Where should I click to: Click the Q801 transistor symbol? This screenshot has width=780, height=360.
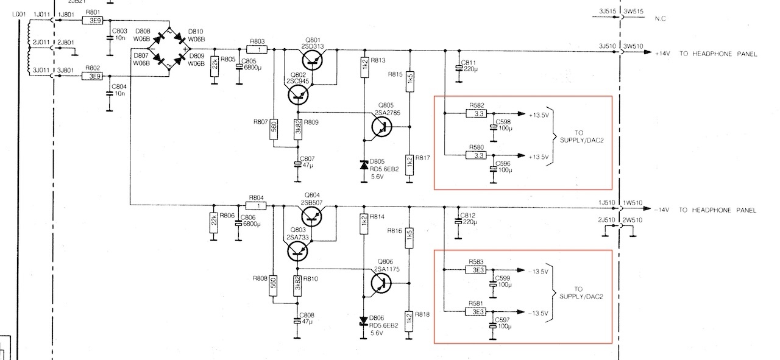[x=312, y=60]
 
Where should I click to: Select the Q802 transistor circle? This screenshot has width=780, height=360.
[x=298, y=95]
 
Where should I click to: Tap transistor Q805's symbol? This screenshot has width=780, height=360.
[x=381, y=127]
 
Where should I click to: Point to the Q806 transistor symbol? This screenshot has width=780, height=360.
[x=381, y=283]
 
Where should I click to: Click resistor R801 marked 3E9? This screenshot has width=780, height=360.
[x=93, y=21]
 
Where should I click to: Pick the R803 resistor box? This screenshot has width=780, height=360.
[x=257, y=49]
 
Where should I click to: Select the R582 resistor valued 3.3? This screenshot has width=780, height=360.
[x=476, y=113]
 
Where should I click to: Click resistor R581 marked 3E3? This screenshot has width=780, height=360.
[x=476, y=312]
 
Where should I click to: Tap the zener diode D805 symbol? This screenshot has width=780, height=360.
[x=364, y=164]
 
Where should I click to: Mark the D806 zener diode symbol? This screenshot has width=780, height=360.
[x=364, y=321]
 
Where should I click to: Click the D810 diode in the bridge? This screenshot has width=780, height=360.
[x=179, y=38]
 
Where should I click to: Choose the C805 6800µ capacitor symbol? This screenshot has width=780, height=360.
[x=239, y=66]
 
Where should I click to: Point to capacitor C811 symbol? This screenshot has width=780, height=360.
[x=459, y=68]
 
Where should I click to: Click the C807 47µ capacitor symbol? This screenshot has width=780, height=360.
[x=298, y=164]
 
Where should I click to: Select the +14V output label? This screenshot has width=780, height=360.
[x=662, y=54]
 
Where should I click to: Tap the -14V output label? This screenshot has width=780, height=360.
[x=662, y=210]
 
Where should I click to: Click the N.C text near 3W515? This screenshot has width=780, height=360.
[x=660, y=18]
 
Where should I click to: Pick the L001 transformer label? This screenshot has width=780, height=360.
[x=19, y=14]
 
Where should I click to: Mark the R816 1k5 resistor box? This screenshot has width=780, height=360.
[x=409, y=238]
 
